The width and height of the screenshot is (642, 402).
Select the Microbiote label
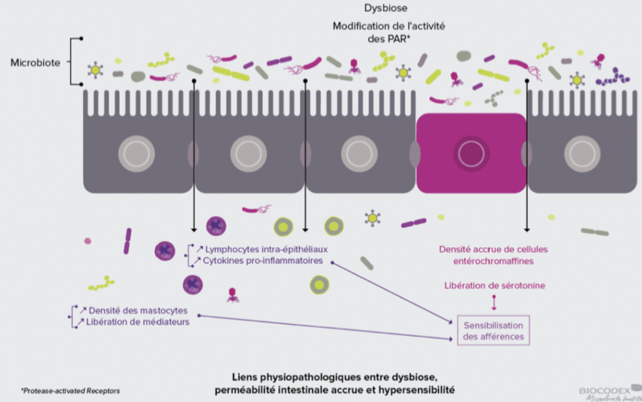35,63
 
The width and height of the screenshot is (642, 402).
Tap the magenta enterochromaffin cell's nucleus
471,154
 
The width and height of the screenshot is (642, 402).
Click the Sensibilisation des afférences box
493,331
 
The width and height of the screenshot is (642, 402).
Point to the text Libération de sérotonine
495,285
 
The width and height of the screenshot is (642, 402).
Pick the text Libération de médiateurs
138,322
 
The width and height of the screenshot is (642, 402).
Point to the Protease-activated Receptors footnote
70,391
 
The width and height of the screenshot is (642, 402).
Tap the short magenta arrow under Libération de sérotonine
494,302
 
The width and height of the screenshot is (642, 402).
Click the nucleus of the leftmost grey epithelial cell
136,154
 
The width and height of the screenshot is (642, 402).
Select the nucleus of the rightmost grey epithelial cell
582,154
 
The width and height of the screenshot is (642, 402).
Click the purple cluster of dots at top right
613,78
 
